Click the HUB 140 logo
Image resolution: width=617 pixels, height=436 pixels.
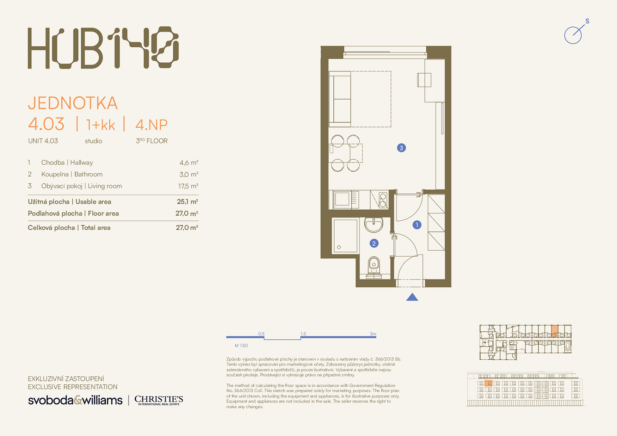point(103,47)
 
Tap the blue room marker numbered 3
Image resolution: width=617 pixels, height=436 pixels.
point(401,148)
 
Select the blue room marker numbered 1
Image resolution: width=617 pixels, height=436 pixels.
point(417,225)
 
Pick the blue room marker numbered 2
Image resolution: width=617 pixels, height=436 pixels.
point(374,243)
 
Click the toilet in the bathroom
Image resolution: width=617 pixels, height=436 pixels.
point(374,267)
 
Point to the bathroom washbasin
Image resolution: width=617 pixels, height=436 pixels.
point(374,225)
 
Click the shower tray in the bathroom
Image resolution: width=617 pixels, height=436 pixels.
point(345,236)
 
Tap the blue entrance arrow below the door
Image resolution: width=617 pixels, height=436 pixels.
point(412,297)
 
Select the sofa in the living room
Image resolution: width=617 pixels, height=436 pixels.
point(340,99)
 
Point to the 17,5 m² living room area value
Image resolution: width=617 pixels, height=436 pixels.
point(188,186)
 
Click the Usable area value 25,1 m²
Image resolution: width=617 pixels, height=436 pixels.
point(187,202)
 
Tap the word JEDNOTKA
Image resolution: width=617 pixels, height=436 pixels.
point(73,103)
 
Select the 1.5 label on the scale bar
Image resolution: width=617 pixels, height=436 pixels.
point(303,334)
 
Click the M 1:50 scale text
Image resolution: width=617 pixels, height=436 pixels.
point(241,345)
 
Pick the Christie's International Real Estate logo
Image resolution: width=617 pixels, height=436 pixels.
point(159,400)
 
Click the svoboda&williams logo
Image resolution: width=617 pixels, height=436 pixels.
point(75,400)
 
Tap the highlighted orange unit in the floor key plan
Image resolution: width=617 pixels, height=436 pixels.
point(555,331)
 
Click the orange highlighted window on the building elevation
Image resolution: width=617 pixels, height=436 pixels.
point(488,383)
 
